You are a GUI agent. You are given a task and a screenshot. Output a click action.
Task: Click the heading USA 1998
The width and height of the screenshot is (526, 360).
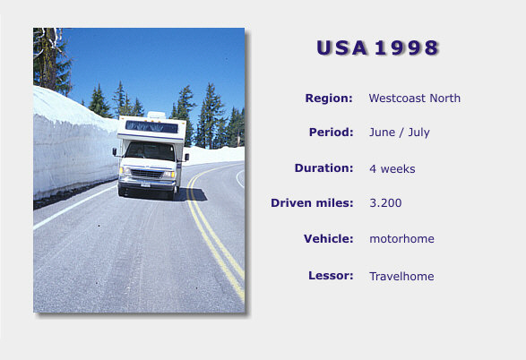pos(378,47)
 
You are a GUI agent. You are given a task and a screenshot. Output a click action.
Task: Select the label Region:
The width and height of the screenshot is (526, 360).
pos(329,99)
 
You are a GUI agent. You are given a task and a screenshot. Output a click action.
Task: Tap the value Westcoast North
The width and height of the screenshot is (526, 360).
pos(415,99)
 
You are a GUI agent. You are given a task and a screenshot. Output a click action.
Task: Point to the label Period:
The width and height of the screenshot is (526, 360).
pos(331,132)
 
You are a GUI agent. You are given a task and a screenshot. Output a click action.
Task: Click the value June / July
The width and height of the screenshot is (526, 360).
pos(399,133)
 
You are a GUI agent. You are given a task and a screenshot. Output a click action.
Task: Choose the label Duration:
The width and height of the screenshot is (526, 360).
pos(323,168)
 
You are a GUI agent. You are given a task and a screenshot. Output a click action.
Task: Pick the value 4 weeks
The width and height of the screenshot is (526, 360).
pos(392,169)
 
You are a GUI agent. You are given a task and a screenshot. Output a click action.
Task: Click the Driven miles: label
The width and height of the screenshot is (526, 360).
pos(312,202)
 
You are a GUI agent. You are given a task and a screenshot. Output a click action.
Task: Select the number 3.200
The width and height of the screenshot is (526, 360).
pos(385,202)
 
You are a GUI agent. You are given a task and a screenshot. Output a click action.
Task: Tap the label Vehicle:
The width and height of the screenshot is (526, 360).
pos(329,239)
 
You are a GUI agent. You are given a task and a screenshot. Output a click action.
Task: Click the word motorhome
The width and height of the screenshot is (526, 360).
pos(401,239)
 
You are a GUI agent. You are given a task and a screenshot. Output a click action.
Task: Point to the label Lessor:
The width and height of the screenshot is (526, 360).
pos(331,276)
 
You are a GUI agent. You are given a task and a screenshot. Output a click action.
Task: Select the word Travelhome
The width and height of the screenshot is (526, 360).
pos(401,276)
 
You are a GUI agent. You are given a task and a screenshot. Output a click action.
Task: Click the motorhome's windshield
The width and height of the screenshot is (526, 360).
pos(151,150)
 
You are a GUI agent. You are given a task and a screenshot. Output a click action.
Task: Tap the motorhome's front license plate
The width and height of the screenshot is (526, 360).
pos(145,184)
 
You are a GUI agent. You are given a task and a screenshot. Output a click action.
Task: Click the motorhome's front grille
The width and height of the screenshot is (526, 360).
pos(146,174)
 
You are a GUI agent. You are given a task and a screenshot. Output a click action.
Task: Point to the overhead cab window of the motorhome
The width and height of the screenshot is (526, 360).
pos(151,126)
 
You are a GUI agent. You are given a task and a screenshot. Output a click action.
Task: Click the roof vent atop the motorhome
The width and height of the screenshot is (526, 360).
pos(156,115)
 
